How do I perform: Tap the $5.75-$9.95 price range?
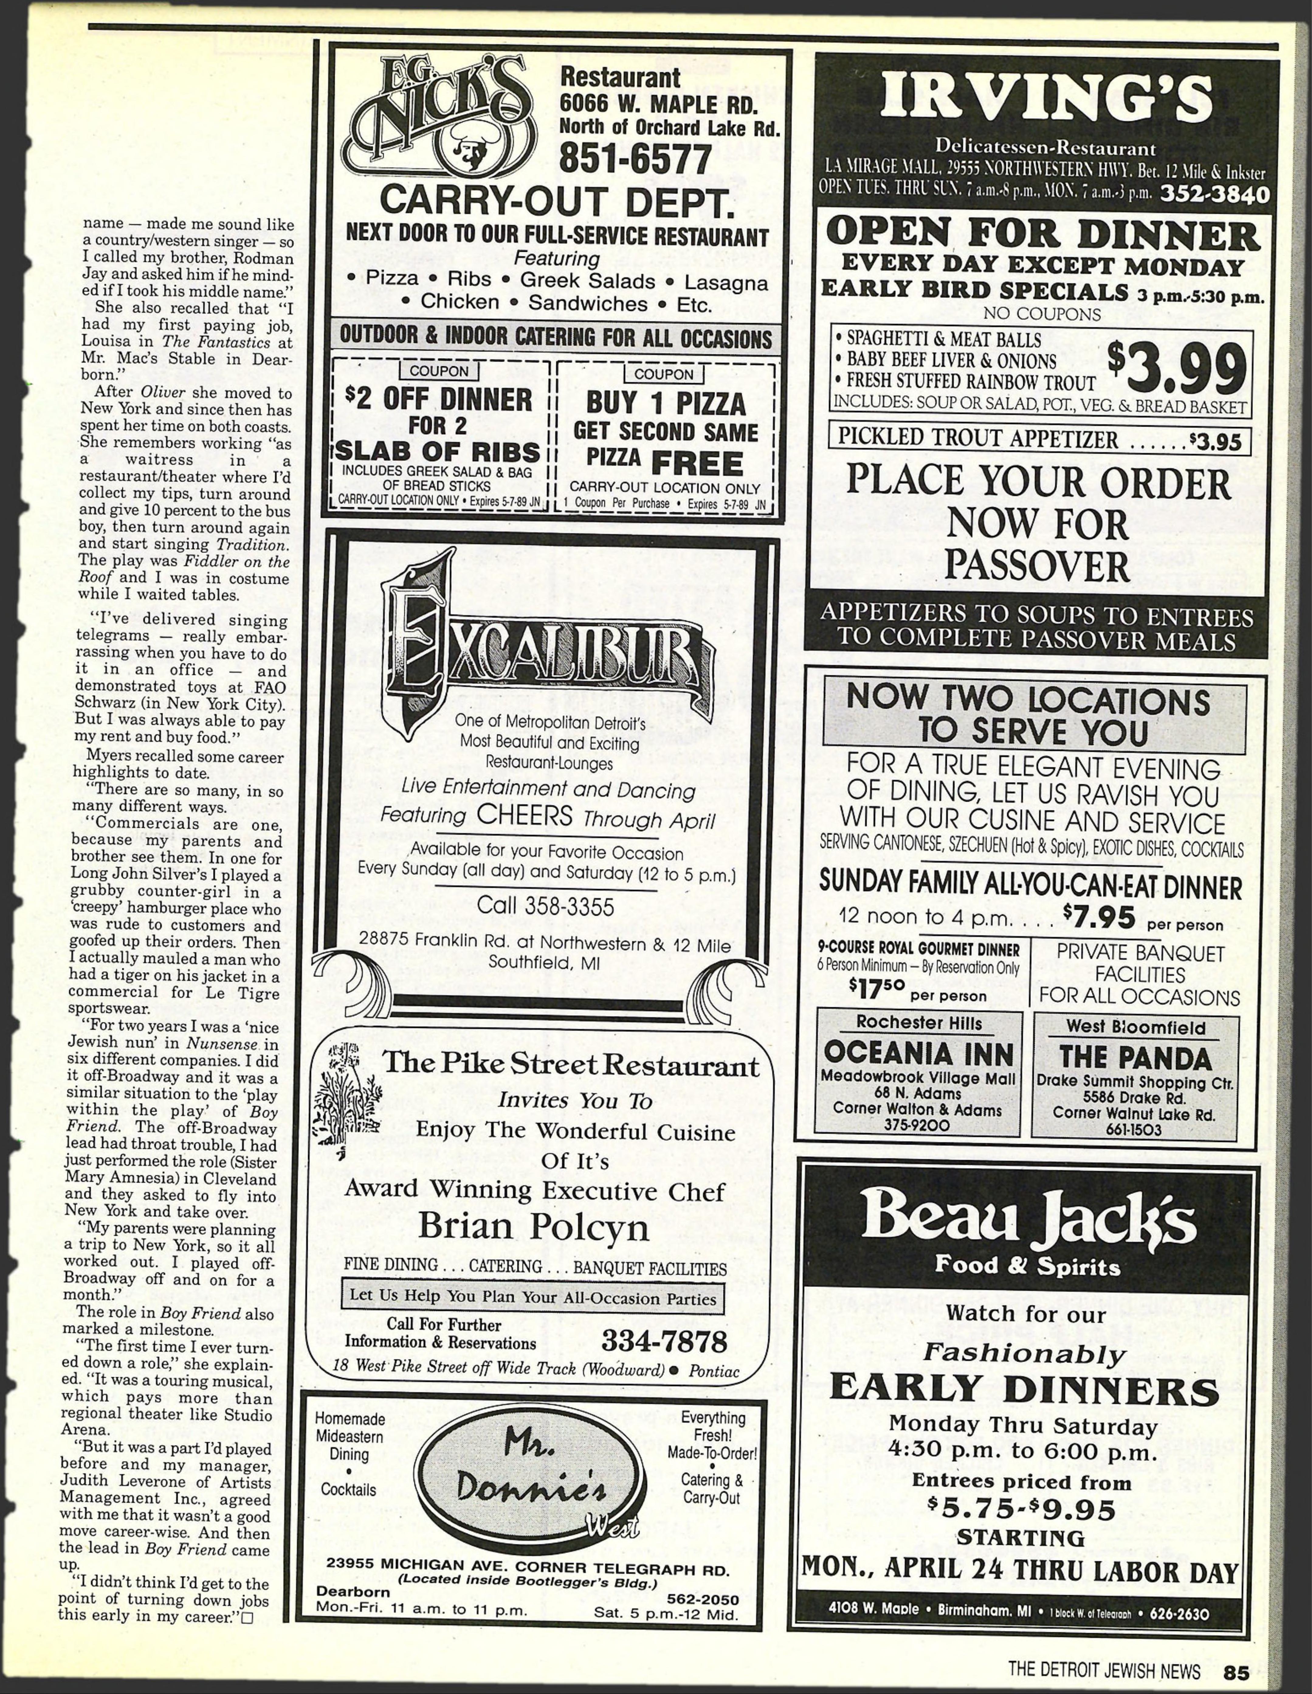click(x=1021, y=1509)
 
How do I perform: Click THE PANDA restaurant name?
click(x=1135, y=1058)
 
